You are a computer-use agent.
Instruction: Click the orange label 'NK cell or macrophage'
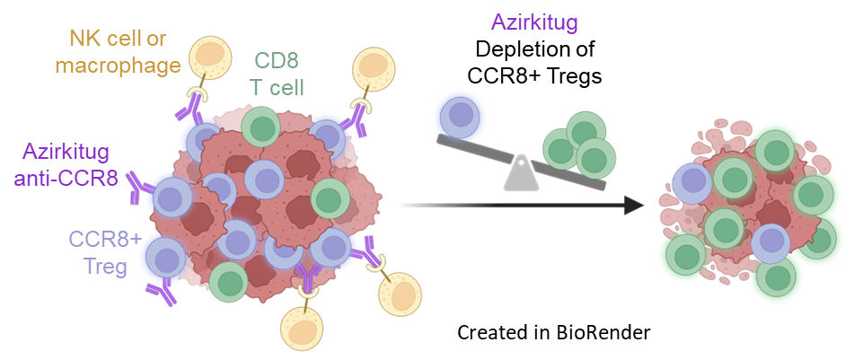[x=118, y=52]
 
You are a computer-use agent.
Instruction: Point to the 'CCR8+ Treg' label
[x=104, y=252]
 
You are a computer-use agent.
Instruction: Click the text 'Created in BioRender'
[x=554, y=332]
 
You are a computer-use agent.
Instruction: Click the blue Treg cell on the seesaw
[x=459, y=118]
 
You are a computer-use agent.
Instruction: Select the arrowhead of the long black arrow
[x=634, y=205]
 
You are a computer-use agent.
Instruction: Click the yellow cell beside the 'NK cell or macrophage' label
[x=210, y=58]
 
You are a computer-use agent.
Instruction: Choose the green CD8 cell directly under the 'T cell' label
[x=261, y=127]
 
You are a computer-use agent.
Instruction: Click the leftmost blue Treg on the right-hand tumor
[x=692, y=183]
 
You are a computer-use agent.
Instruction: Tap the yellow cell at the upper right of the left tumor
[x=374, y=70]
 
